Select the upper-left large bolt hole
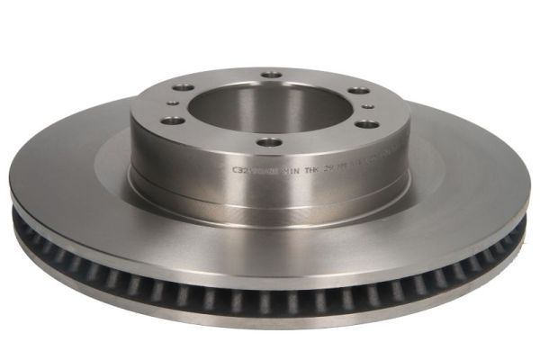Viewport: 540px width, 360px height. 183,87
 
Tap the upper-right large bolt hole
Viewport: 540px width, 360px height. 357,90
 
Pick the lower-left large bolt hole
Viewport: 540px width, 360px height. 175,120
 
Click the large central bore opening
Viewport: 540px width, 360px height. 270,106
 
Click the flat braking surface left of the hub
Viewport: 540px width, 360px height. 72,180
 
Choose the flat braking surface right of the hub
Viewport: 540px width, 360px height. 468,180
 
